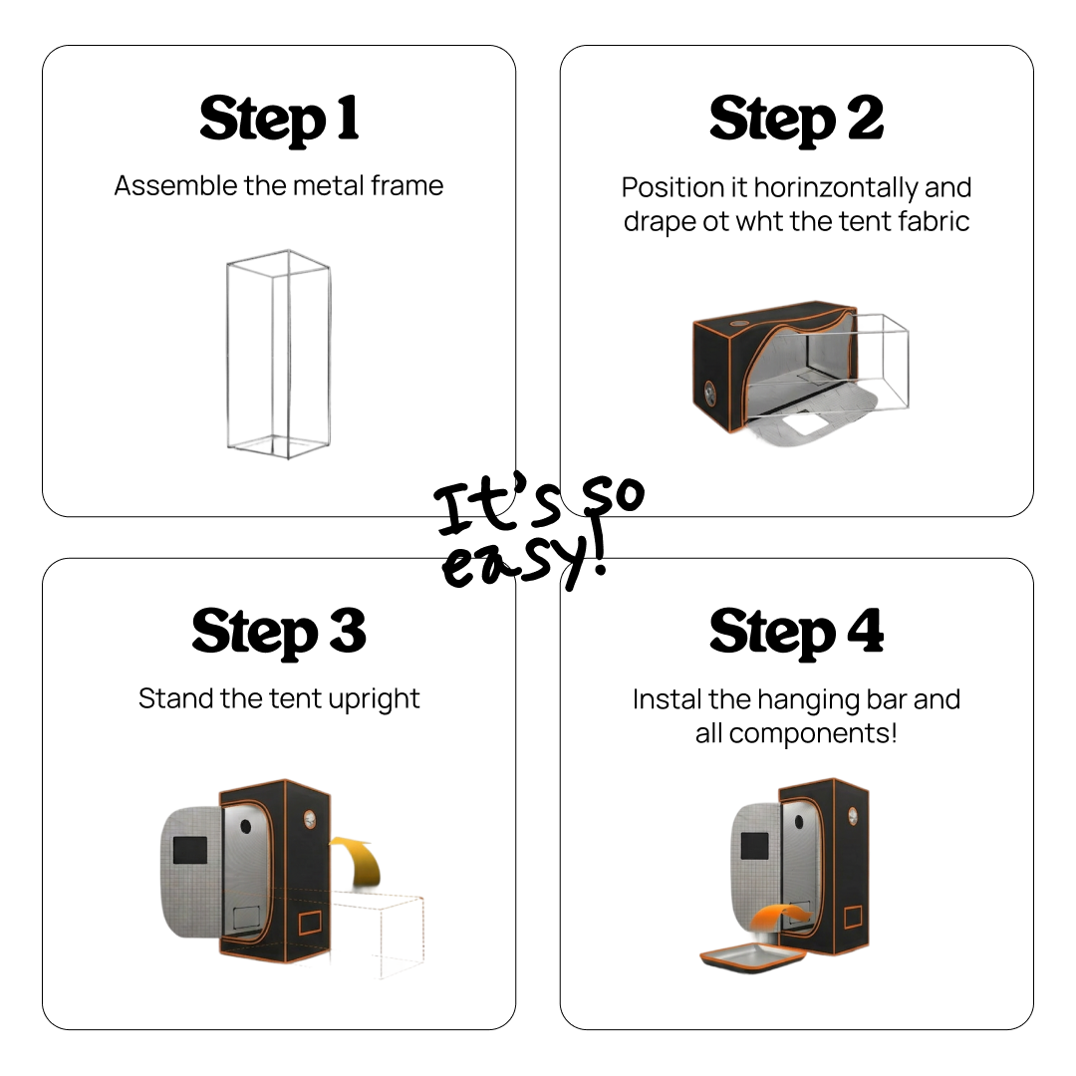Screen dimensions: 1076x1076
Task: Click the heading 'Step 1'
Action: [x=279, y=121]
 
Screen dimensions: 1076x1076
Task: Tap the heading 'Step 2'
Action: [x=796, y=121]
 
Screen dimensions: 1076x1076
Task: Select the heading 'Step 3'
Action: [x=279, y=633]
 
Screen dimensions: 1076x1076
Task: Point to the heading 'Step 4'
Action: [x=796, y=633]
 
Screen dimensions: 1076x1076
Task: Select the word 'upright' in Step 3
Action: [x=374, y=699]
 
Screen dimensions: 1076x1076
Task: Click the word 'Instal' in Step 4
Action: [x=667, y=699]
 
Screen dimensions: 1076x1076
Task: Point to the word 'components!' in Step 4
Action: [x=813, y=734]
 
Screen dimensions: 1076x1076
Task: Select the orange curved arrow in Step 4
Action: [x=782, y=917]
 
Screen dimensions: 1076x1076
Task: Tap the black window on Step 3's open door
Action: [x=190, y=850]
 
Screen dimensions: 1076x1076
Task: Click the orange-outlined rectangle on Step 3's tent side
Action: [x=310, y=923]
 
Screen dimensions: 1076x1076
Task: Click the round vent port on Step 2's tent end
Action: [x=709, y=395]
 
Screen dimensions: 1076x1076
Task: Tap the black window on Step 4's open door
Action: [x=755, y=846]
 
